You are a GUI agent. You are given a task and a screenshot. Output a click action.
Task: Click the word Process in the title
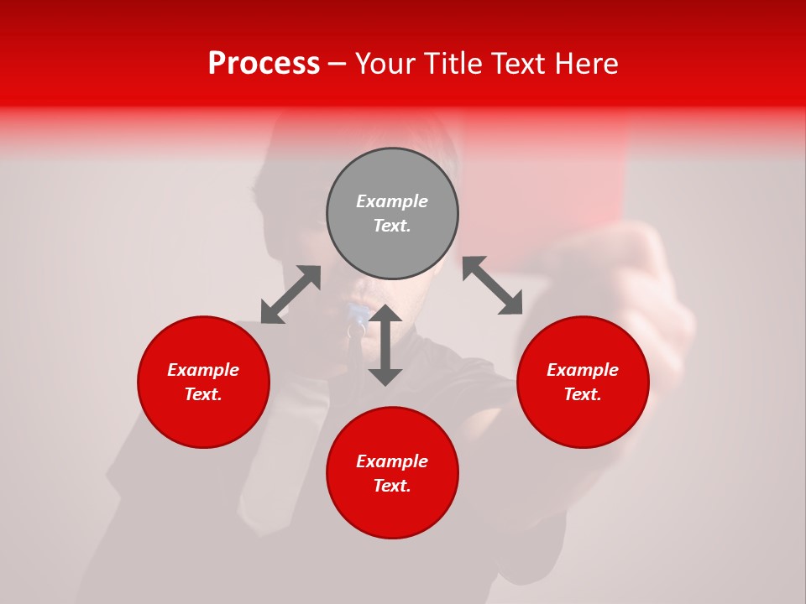point(264,64)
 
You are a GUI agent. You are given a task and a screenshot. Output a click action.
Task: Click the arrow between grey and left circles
point(290,294)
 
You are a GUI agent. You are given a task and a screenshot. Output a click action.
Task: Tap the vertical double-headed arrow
point(385,345)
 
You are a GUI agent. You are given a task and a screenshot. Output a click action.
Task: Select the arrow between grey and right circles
point(492,285)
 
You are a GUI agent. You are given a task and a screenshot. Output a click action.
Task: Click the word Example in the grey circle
point(392,201)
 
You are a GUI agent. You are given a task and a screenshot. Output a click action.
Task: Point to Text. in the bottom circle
point(392,486)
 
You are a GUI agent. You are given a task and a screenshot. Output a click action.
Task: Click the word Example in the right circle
point(583,370)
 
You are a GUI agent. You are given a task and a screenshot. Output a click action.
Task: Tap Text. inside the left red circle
point(203,394)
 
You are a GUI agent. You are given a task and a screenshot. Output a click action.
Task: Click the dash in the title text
point(338,65)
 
